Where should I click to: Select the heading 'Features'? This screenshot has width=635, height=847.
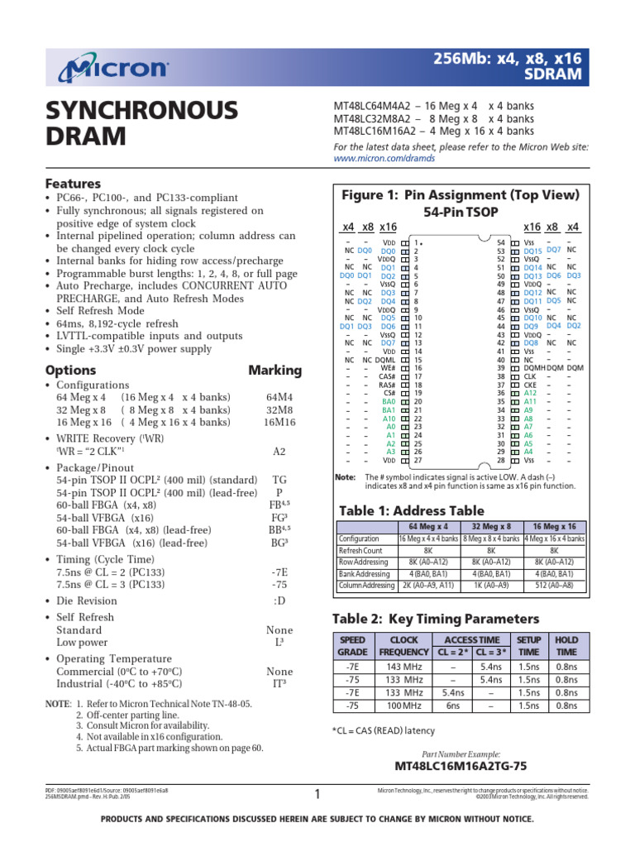click(73, 183)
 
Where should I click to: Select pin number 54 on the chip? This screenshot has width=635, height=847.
click(500, 242)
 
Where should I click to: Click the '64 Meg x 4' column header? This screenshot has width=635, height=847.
click(428, 526)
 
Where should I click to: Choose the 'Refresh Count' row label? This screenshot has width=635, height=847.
click(360, 550)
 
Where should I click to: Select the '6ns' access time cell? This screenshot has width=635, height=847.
click(453, 706)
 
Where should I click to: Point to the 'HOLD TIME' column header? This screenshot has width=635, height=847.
click(566, 646)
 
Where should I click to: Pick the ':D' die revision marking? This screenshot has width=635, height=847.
click(280, 601)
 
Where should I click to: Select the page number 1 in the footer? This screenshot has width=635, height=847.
click(317, 795)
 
